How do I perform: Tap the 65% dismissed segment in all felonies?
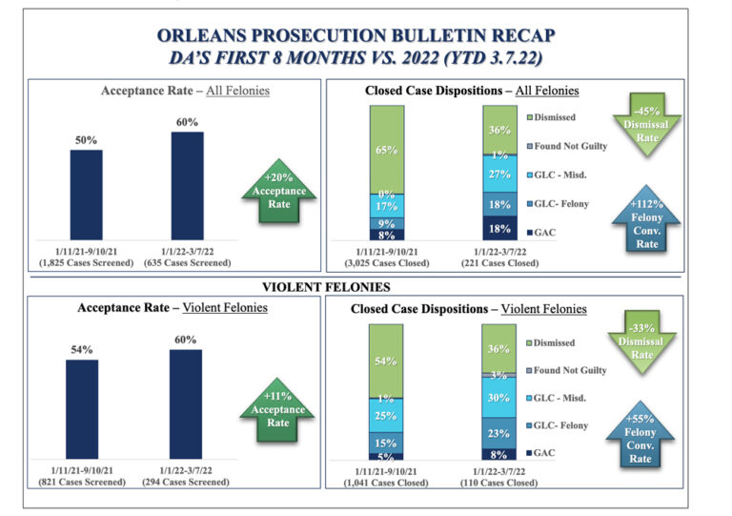387,150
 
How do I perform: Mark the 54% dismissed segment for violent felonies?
387,361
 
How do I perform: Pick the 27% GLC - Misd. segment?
499,175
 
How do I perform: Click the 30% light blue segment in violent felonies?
499,397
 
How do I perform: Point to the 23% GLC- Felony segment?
499,431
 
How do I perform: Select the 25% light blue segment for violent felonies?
387,415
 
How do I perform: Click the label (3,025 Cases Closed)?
387,262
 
